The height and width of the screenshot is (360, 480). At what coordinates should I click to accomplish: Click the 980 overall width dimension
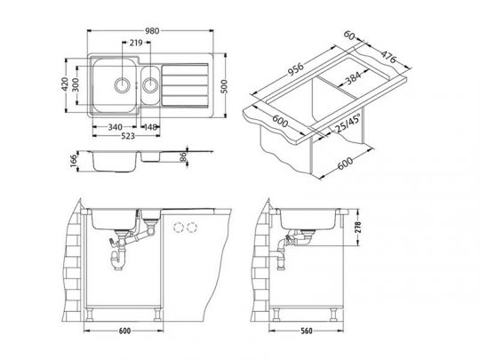152,31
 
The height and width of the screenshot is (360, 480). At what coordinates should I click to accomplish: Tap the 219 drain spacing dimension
136,43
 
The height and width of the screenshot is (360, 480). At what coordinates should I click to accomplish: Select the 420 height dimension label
65,84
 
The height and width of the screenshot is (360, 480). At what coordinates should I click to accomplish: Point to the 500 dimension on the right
224,86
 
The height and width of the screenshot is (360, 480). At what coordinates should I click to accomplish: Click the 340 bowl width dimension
115,127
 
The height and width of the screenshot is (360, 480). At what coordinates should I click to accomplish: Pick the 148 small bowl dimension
150,127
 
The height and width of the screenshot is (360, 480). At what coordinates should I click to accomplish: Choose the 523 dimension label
128,136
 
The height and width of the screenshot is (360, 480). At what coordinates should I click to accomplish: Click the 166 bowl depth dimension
74,161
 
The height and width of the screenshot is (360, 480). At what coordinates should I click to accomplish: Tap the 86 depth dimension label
183,157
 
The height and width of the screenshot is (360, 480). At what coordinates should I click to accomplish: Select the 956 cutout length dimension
295,69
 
